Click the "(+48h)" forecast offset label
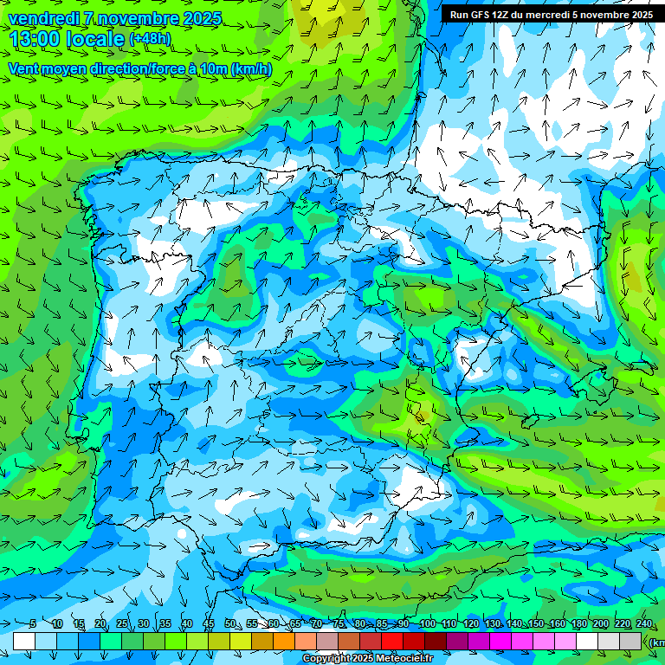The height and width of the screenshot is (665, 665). tap(150, 39)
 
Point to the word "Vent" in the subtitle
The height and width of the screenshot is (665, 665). tap(24, 68)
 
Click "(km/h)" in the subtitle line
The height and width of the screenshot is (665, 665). tap(250, 68)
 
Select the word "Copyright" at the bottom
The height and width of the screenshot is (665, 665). tap(327, 659)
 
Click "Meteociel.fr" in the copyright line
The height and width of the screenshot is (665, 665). tap(405, 659)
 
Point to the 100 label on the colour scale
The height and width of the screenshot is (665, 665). tap(427, 624)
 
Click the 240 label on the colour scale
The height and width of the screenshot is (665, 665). tap(643, 624)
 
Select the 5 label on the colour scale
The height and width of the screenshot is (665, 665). tap(33, 624)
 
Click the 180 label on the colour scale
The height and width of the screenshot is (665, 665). tap(578, 624)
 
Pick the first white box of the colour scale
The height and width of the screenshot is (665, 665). tap(24, 641)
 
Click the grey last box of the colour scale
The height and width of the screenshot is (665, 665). tap(631, 641)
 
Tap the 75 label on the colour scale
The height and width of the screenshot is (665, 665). tap(339, 624)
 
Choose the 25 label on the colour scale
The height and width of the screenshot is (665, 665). tap(122, 624)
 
